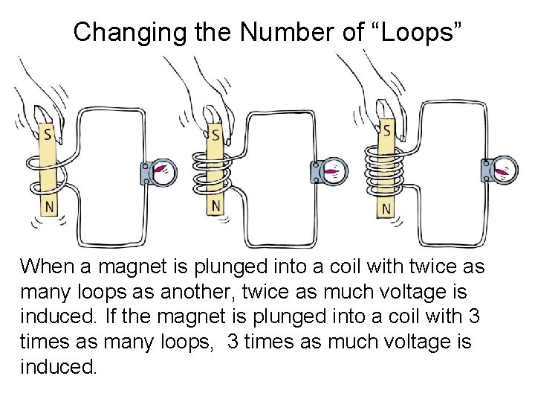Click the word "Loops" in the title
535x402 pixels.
pyautogui.click(x=418, y=33)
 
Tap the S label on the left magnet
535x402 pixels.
pyautogui.click(x=48, y=134)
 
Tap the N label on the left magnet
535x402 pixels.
pyautogui.click(x=50, y=207)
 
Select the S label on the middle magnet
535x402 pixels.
pyautogui.click(x=215, y=135)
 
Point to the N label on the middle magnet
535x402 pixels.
pyautogui.click(x=215, y=206)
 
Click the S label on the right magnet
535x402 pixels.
pyautogui.click(x=386, y=130)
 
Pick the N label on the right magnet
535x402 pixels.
pyautogui.click(x=386, y=208)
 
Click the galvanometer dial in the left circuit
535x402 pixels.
pyautogui.click(x=163, y=172)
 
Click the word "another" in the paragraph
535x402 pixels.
pyautogui.click(x=198, y=292)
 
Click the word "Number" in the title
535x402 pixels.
pyautogui.click(x=287, y=33)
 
